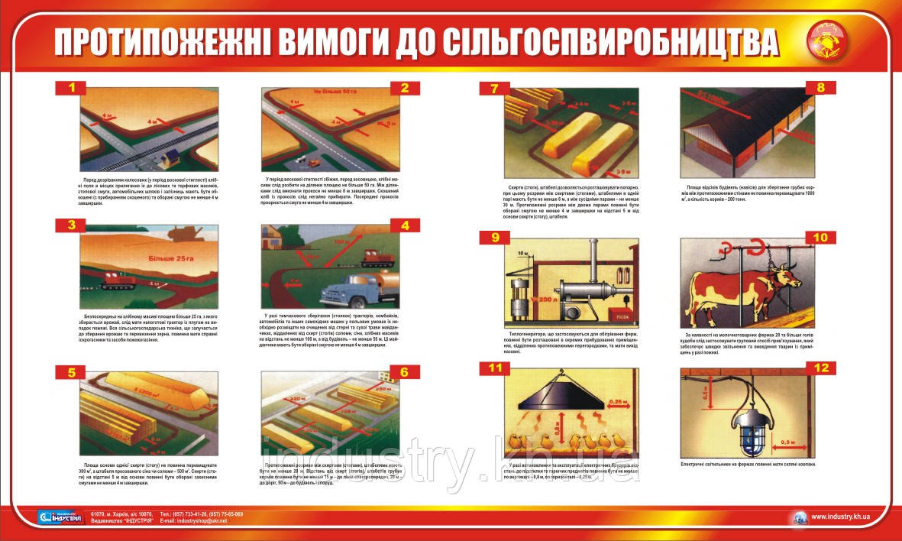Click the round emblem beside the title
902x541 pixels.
point(826,44)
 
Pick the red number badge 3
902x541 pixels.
point(71,225)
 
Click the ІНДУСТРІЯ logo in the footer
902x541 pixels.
point(58,517)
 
